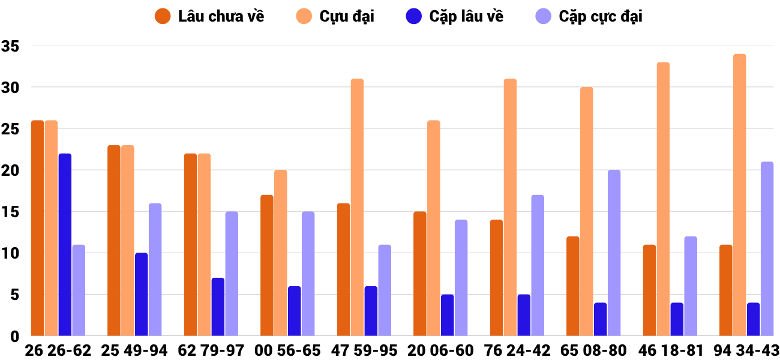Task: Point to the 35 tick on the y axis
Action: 11,46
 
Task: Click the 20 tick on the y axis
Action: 11,170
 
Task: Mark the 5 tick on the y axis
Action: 14,295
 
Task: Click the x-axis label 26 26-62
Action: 58,350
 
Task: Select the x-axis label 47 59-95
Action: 364,350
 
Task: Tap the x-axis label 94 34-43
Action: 746,350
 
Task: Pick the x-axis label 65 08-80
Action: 593,350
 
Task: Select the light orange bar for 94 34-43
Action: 739,195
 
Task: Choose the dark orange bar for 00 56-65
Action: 267,265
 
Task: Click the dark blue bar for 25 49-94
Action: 141,295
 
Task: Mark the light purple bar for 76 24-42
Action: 538,265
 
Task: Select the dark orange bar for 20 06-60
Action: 420,274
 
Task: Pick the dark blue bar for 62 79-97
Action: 218,307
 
